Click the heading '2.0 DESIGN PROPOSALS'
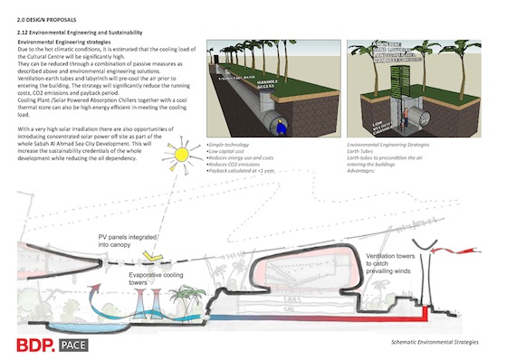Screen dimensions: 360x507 coord(42,18)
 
